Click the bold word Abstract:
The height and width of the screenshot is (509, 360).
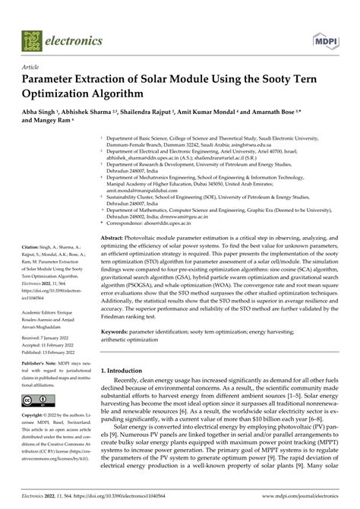(x=118, y=217)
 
